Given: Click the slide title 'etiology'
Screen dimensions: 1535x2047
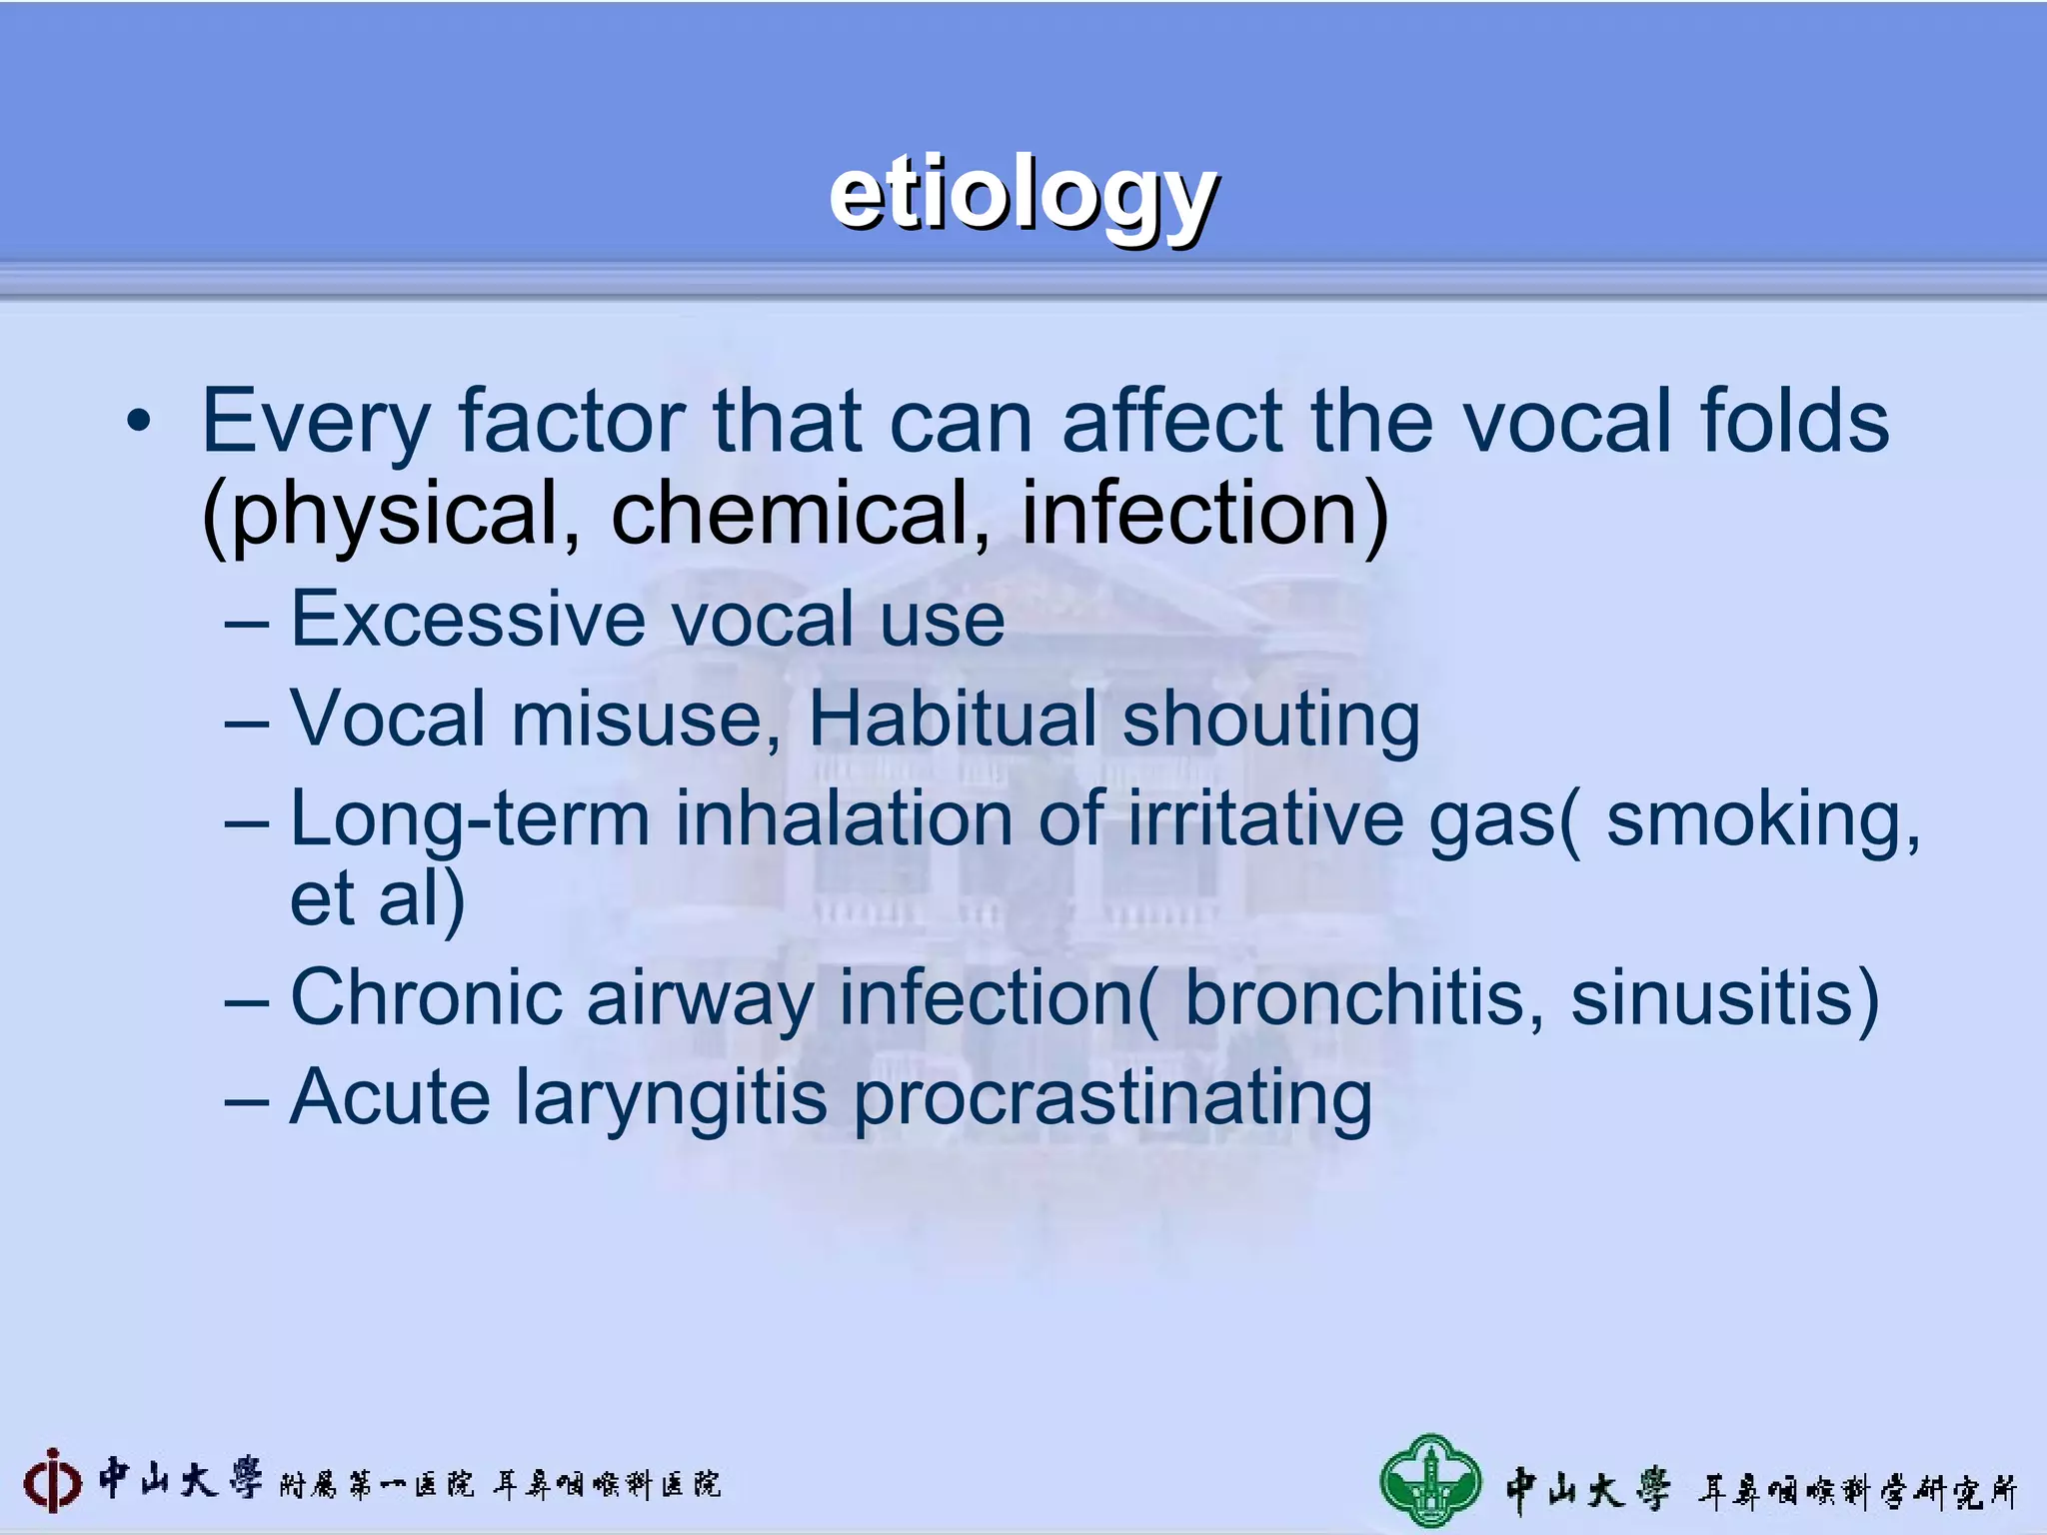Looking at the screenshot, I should [x=1023, y=196].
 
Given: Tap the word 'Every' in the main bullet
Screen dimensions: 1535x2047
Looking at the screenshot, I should [x=316, y=422].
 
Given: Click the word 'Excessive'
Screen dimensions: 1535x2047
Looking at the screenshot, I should [x=467, y=620].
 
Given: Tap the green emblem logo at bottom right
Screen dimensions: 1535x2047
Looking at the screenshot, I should [x=1430, y=1483].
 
